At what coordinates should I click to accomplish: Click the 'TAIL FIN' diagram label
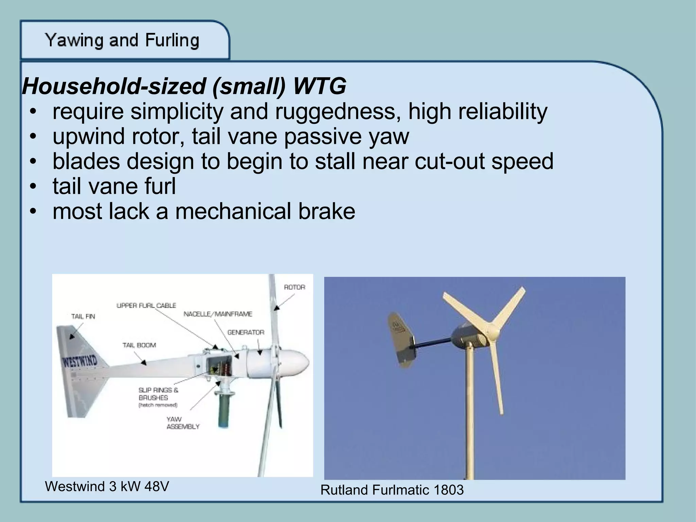83,316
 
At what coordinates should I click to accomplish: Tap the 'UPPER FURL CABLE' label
146,306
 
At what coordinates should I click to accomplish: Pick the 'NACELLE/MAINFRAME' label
218,314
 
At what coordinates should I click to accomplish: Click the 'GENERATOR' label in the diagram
246,332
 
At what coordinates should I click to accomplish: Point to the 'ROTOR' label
294,287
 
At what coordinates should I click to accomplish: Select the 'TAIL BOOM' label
139,345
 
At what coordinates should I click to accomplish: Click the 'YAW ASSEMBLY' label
182,423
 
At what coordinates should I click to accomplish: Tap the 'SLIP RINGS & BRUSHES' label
158,394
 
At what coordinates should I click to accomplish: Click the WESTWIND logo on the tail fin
79,362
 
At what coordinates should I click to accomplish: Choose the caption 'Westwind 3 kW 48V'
107,487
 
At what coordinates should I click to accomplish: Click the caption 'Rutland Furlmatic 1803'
392,490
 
